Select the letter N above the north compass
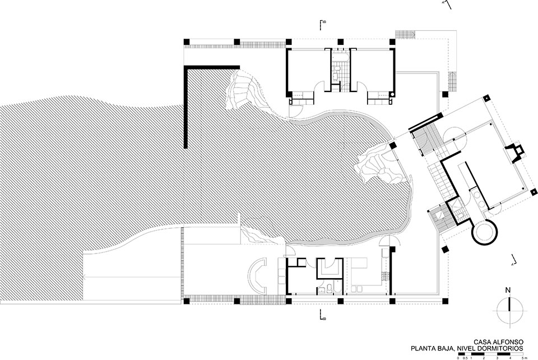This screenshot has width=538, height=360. pos(508,290)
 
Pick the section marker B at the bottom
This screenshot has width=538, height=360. pos(323,316)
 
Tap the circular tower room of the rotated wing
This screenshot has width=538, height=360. pos(484,232)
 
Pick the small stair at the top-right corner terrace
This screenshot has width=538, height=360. pos(403,34)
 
